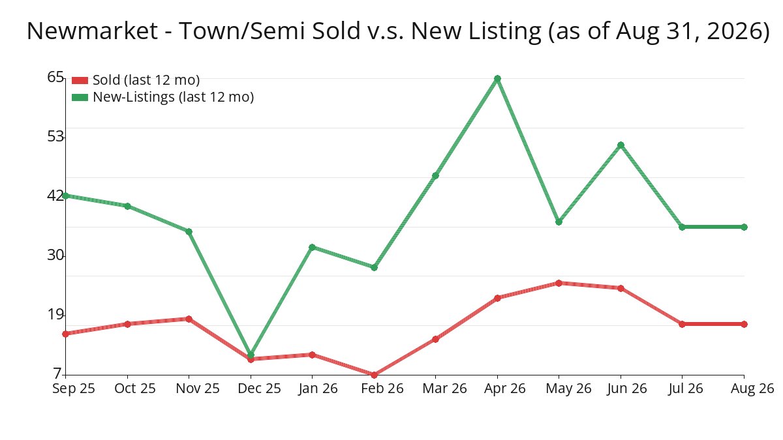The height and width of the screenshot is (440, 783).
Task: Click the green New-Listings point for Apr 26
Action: coord(497,79)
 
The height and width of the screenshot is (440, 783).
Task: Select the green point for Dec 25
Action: coord(251,355)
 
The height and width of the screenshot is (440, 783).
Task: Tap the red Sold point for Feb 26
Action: coord(374,375)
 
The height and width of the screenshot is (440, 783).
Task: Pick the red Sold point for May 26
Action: coord(559,283)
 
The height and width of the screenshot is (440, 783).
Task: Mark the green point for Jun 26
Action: coord(621,145)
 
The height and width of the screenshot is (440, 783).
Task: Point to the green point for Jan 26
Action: coord(312,247)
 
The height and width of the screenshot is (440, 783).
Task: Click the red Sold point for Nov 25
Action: coord(189,319)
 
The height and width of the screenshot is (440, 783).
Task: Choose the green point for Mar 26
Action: coord(435,175)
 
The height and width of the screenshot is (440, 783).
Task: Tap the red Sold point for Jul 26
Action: coord(682,324)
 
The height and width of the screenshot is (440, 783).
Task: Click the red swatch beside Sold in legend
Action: coord(80,81)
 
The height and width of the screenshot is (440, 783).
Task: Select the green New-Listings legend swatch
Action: coord(80,97)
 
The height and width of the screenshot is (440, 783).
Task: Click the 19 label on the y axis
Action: coord(55,315)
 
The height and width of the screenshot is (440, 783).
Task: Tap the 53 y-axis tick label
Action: coord(55,136)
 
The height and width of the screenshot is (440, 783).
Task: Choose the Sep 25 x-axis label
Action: coord(74,389)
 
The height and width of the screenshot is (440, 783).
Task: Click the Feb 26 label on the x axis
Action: coord(382,389)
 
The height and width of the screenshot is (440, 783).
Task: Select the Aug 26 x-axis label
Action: coord(752,389)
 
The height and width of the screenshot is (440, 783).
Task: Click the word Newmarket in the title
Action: coord(92,31)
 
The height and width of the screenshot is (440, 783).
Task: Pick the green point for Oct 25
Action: coord(128,207)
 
